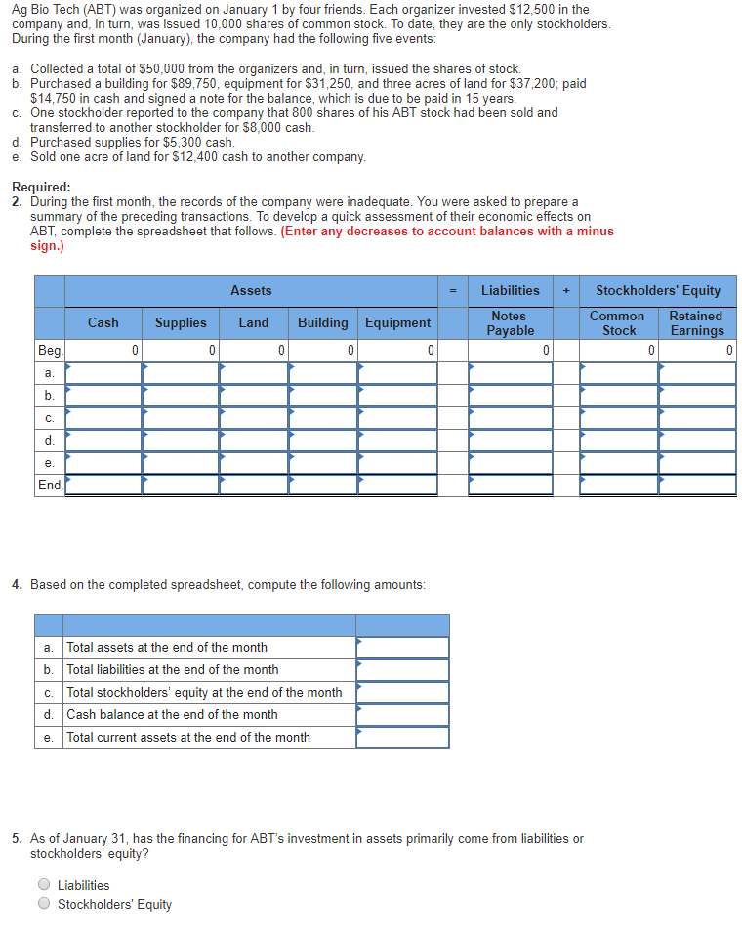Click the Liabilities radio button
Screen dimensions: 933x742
[44, 885]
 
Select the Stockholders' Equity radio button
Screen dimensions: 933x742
[44, 904]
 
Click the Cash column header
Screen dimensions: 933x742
[103, 322]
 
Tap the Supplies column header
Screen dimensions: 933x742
[181, 322]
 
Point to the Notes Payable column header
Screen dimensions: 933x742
[510, 323]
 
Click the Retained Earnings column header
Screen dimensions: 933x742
[696, 323]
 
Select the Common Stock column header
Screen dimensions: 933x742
[618, 323]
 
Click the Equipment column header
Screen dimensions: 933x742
[397, 322]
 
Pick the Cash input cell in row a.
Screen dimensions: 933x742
[103, 373]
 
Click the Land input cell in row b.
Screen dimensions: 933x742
[254, 396]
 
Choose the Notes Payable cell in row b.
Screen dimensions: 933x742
[510, 396]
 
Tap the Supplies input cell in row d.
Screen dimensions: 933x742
[181, 440]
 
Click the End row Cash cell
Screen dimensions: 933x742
[103, 485]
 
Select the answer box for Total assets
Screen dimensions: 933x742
[402, 648]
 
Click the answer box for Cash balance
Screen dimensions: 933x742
[402, 715]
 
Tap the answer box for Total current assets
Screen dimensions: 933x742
[402, 738]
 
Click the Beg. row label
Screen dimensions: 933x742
[49, 350]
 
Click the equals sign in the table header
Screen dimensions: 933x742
[452, 291]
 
